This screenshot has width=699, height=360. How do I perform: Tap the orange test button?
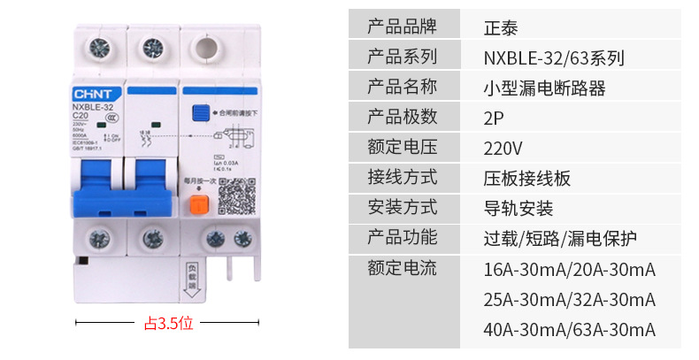(x=200, y=205)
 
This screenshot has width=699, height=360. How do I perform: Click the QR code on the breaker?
(x=236, y=195)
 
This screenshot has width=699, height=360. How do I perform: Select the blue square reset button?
(x=201, y=113)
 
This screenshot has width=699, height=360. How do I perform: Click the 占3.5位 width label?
(x=168, y=323)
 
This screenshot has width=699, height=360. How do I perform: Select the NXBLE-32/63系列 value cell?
(x=555, y=58)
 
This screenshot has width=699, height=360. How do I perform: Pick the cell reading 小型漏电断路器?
(x=545, y=88)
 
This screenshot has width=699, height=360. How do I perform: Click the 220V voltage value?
(x=503, y=148)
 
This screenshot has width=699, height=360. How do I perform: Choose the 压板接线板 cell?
(x=527, y=178)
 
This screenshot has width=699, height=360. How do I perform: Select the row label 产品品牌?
(x=402, y=27)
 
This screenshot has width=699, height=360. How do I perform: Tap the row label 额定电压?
(x=402, y=148)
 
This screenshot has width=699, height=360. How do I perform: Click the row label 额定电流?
(x=402, y=268)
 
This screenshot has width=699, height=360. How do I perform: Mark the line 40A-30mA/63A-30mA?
(x=570, y=329)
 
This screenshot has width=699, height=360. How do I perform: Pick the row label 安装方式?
(x=402, y=209)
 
